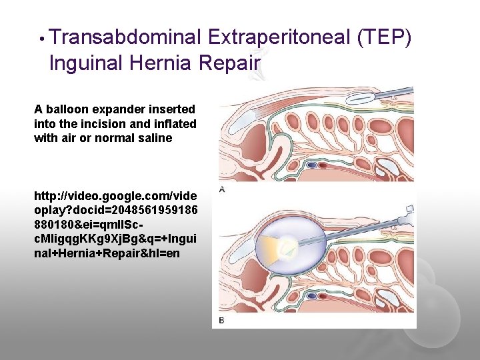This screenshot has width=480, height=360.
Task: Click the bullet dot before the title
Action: [x=41, y=39]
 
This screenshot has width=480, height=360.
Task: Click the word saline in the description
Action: [x=156, y=139]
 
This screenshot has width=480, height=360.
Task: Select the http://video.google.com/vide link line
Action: [x=115, y=197]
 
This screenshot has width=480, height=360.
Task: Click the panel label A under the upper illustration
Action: [x=222, y=190]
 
